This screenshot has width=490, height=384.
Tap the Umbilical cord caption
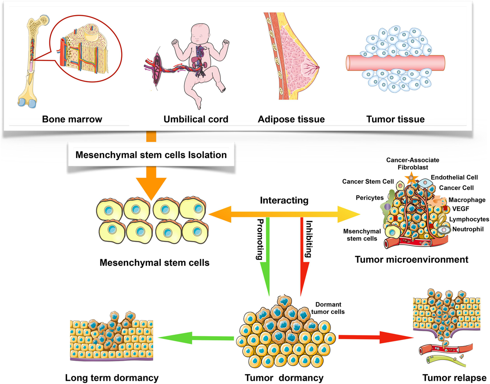[191, 119]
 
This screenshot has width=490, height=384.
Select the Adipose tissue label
[291, 119]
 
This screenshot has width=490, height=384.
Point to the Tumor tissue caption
[395, 119]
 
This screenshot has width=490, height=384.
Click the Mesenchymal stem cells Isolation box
[151, 155]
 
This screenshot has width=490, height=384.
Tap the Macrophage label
[467, 200]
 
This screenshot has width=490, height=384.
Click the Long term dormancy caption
[111, 377]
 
